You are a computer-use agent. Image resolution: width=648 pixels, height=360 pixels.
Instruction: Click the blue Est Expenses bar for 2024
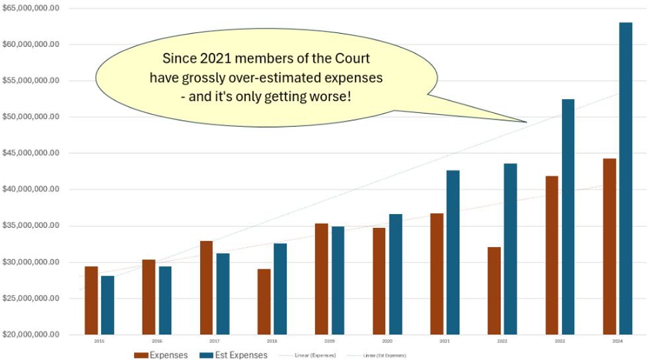coord(625,178)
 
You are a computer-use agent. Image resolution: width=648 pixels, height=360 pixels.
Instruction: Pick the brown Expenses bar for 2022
coord(494,291)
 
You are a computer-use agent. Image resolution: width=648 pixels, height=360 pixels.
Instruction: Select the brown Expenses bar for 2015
coord(91,301)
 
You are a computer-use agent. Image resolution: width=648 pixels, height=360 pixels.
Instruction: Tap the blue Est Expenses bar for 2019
coord(338,280)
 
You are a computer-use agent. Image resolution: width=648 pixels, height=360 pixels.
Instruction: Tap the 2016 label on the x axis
coord(157,342)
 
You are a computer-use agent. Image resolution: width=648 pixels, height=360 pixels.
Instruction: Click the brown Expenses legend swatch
coord(141,355)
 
